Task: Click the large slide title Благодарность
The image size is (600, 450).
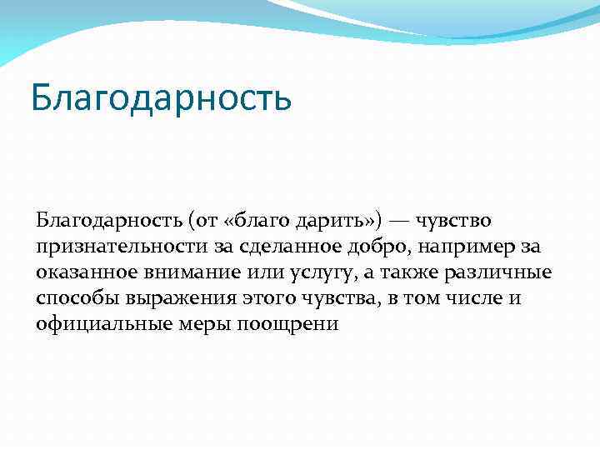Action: pos(161,97)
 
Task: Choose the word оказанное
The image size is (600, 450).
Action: pos(87,272)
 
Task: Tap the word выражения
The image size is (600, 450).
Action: pos(167,298)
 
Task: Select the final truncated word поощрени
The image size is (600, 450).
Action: pos(277,324)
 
